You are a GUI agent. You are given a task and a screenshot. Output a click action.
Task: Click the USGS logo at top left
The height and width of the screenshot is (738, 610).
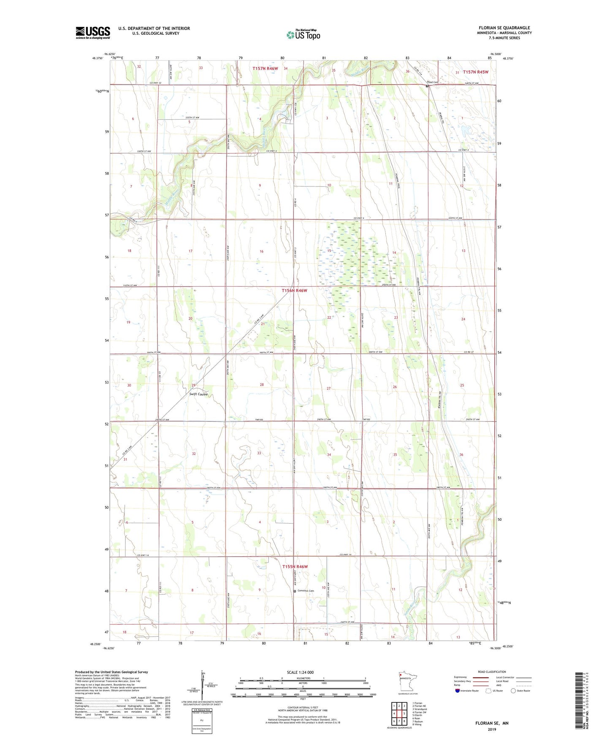(93, 33)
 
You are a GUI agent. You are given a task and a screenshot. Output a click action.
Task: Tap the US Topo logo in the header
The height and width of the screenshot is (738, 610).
(303, 35)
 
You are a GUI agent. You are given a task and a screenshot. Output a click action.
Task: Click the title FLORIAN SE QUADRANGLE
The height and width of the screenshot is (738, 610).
(504, 28)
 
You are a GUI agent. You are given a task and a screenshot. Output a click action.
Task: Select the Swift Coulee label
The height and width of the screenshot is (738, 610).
(198, 394)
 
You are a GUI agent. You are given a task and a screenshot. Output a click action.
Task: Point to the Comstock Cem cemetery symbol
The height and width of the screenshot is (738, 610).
(295, 591)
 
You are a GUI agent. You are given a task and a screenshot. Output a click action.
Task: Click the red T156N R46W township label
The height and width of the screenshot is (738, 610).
(295, 290)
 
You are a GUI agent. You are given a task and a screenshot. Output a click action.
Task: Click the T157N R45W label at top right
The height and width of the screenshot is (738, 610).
(475, 72)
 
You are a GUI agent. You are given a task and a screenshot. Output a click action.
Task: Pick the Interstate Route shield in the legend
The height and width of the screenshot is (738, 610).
(458, 691)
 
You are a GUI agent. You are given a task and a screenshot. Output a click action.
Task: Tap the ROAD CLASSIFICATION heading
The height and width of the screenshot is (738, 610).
(492, 672)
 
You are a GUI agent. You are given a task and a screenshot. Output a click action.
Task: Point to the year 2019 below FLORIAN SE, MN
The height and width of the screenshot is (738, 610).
(492, 729)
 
